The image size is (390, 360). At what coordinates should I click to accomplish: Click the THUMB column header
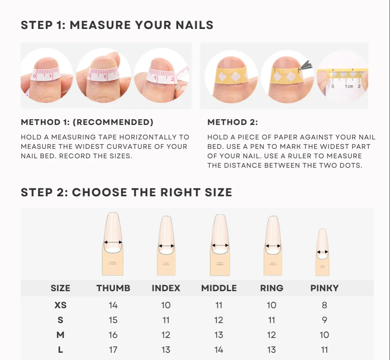click(x=113, y=288)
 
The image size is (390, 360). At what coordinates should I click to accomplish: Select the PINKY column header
click(x=324, y=288)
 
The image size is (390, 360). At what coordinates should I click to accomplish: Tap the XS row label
click(x=60, y=305)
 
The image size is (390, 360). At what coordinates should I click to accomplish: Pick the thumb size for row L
click(x=113, y=349)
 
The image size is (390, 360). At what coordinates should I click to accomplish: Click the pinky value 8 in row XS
click(x=324, y=305)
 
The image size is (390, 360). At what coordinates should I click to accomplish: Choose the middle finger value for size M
click(x=219, y=335)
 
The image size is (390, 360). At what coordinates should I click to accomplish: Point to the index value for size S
click(x=166, y=320)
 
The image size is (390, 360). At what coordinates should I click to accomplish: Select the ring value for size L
click(x=272, y=349)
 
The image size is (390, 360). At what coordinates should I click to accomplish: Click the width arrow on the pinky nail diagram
click(x=322, y=252)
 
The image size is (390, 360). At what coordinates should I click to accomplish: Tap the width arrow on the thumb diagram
click(x=113, y=242)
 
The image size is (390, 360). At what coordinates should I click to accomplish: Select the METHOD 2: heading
click(x=233, y=122)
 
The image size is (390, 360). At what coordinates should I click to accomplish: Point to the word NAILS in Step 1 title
click(x=195, y=25)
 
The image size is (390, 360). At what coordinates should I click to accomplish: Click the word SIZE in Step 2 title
click(x=219, y=192)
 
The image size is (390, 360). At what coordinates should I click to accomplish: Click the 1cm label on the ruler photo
click(x=349, y=87)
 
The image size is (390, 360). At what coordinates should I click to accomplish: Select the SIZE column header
click(x=60, y=288)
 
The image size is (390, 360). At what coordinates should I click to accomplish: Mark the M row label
click(x=60, y=335)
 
